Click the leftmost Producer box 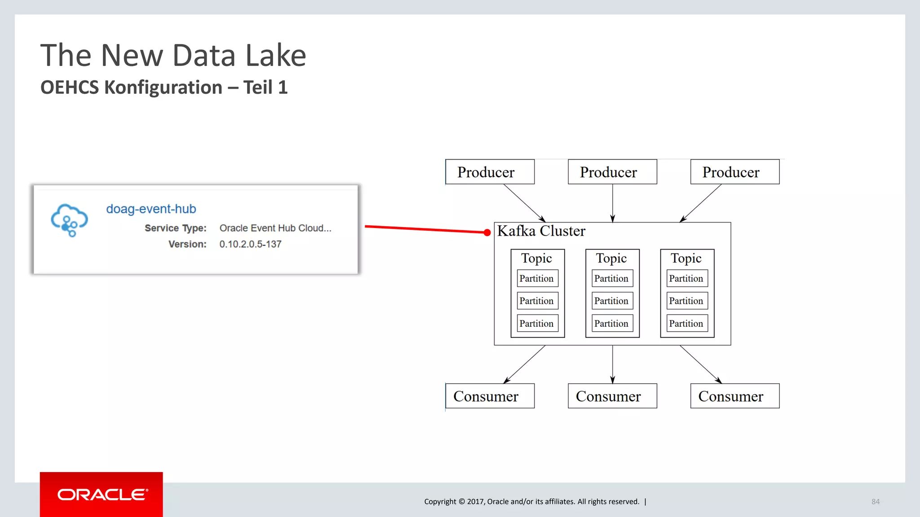(490, 172)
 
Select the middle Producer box (612, 172)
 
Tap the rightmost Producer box (734, 172)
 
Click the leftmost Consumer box (490, 396)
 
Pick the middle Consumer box (612, 396)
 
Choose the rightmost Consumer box (734, 396)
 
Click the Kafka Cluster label (541, 231)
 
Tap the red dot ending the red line (487, 232)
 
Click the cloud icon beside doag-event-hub (69, 220)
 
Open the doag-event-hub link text (151, 209)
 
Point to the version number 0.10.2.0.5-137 (250, 244)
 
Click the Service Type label (175, 228)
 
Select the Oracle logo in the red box (102, 495)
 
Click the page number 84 (875, 502)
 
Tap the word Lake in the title (276, 56)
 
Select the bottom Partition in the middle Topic (612, 324)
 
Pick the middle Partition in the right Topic (686, 301)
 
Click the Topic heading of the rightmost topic (686, 258)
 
